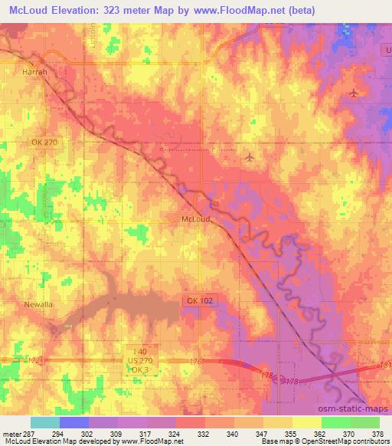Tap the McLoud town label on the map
point(195,218)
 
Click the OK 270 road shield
point(44,143)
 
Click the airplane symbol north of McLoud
point(250,157)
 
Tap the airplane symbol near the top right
point(353,93)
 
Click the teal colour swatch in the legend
point(45,422)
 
